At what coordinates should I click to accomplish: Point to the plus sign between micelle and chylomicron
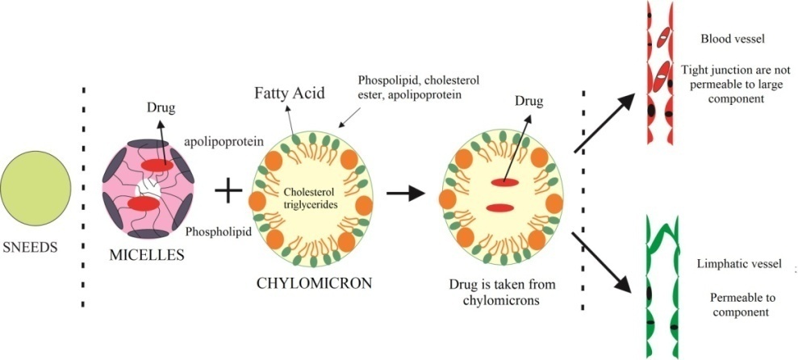(229, 191)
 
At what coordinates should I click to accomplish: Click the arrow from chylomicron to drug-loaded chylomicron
(403, 194)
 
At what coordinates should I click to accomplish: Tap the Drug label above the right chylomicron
(529, 101)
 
